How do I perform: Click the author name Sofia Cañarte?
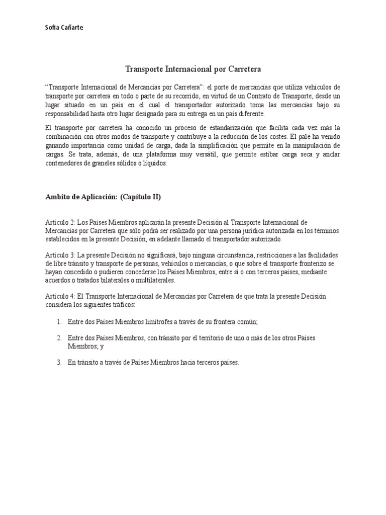(x=64, y=28)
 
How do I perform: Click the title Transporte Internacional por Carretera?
(x=193, y=68)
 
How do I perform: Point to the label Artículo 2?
(x=60, y=222)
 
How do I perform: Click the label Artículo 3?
(x=60, y=255)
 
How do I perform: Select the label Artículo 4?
(x=60, y=296)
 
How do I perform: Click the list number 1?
(x=59, y=321)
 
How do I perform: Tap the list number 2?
(x=59, y=338)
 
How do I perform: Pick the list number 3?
(x=59, y=362)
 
